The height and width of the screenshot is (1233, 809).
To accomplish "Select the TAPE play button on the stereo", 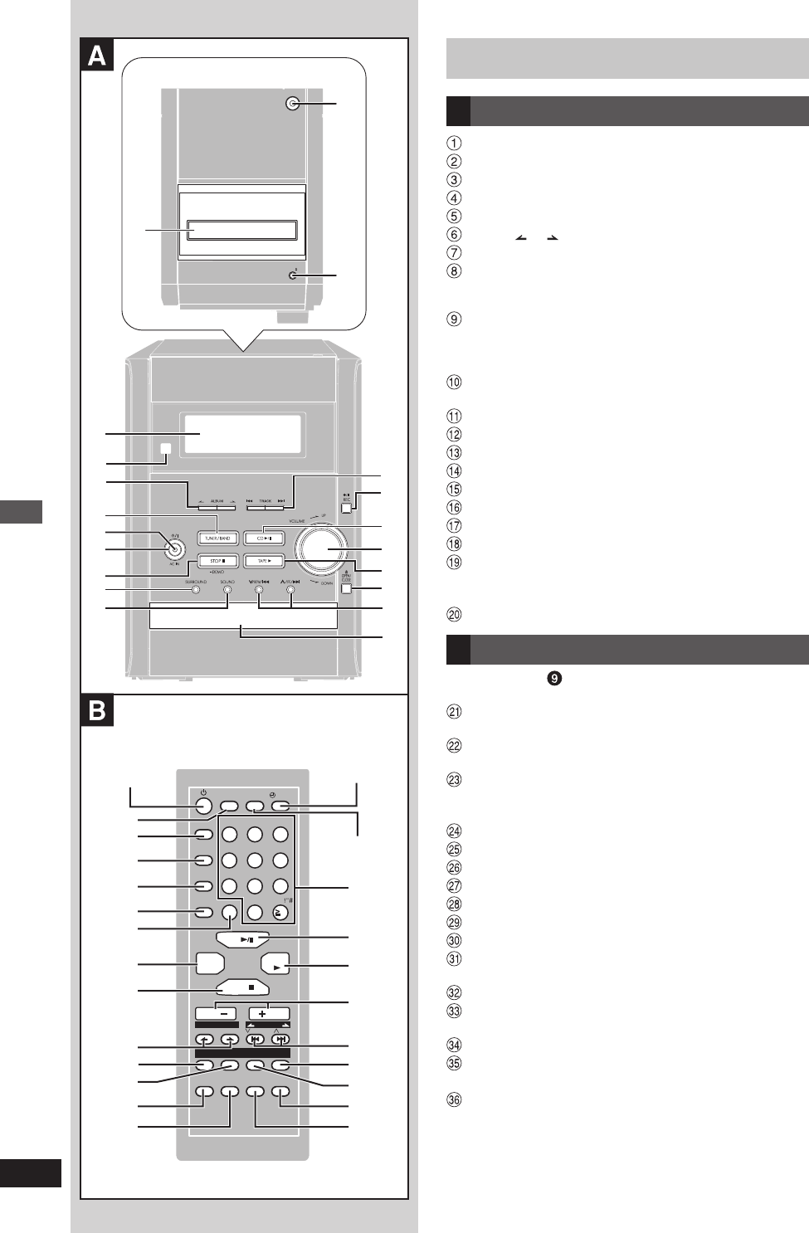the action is click(x=264, y=561).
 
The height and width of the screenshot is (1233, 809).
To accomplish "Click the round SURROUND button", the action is click(x=196, y=590).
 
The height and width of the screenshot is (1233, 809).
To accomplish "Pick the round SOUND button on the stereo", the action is click(x=227, y=590).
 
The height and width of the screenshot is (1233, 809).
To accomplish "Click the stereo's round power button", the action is click(x=173, y=548).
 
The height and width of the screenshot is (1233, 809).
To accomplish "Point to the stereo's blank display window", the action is click(x=242, y=433).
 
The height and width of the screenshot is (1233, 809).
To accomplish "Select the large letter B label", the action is click(x=97, y=711).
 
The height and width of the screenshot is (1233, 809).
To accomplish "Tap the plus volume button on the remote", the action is click(x=268, y=1013).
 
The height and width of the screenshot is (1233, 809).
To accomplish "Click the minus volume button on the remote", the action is click(x=216, y=1013).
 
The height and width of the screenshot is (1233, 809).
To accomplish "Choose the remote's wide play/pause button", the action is click(x=243, y=940).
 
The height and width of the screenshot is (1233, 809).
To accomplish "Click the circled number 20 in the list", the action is click(x=454, y=615).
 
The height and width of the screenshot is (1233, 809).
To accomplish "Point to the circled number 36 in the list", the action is click(x=454, y=1100).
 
